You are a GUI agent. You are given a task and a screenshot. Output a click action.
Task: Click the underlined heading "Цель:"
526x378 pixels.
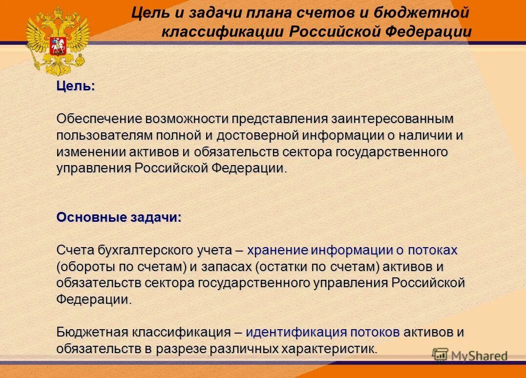click(x=76, y=86)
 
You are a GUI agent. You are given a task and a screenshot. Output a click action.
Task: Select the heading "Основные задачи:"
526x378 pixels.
click(x=119, y=217)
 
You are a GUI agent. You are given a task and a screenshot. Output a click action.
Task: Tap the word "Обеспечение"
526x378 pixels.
click(x=98, y=119)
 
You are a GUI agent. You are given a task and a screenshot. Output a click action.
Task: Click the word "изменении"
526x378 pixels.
click(x=91, y=152)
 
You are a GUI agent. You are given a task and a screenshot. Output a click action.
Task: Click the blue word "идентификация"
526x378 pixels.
click(x=296, y=333)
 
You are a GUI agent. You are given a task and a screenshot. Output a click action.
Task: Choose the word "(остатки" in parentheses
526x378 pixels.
click(x=279, y=267)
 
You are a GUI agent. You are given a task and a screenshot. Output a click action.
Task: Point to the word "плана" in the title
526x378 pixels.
click(x=267, y=12)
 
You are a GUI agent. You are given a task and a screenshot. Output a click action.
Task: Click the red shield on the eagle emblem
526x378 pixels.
click(x=58, y=39)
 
